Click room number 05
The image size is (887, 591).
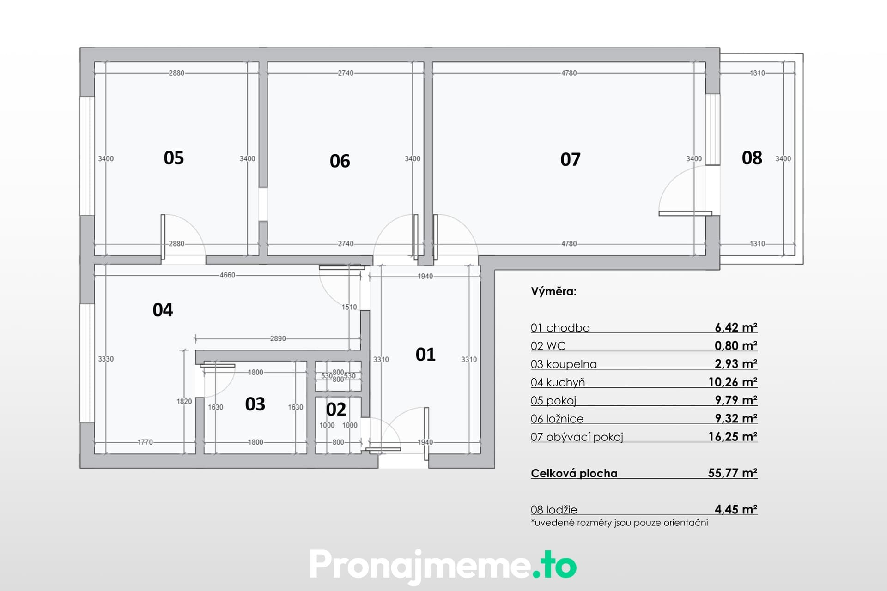(x=174, y=158)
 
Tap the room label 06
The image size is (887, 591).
(x=340, y=161)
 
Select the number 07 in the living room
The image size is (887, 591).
(x=571, y=159)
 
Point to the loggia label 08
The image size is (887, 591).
(x=752, y=158)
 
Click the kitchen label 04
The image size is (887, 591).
(x=163, y=310)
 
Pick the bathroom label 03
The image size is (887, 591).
(x=255, y=404)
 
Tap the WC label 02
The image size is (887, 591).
(x=336, y=410)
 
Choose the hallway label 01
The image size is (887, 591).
(x=425, y=355)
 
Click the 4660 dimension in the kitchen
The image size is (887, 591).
(x=227, y=275)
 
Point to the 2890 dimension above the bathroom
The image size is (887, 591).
(x=278, y=338)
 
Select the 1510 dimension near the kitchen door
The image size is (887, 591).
(x=349, y=307)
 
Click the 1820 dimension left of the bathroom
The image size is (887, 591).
(x=184, y=401)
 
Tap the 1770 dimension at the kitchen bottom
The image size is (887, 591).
(x=145, y=442)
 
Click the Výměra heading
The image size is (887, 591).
(x=553, y=292)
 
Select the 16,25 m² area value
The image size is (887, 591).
(x=733, y=436)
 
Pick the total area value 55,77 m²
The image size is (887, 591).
(x=733, y=473)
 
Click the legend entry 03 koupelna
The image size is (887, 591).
(x=564, y=364)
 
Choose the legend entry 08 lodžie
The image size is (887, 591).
(x=554, y=510)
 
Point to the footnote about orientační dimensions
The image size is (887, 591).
(x=620, y=523)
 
